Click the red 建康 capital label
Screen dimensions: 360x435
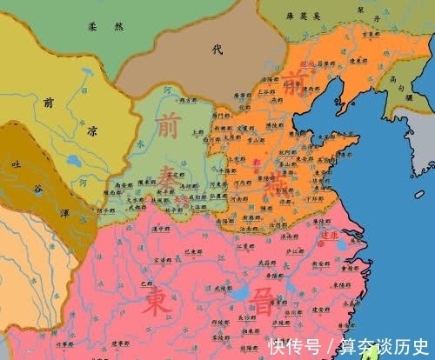coord(329,234)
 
